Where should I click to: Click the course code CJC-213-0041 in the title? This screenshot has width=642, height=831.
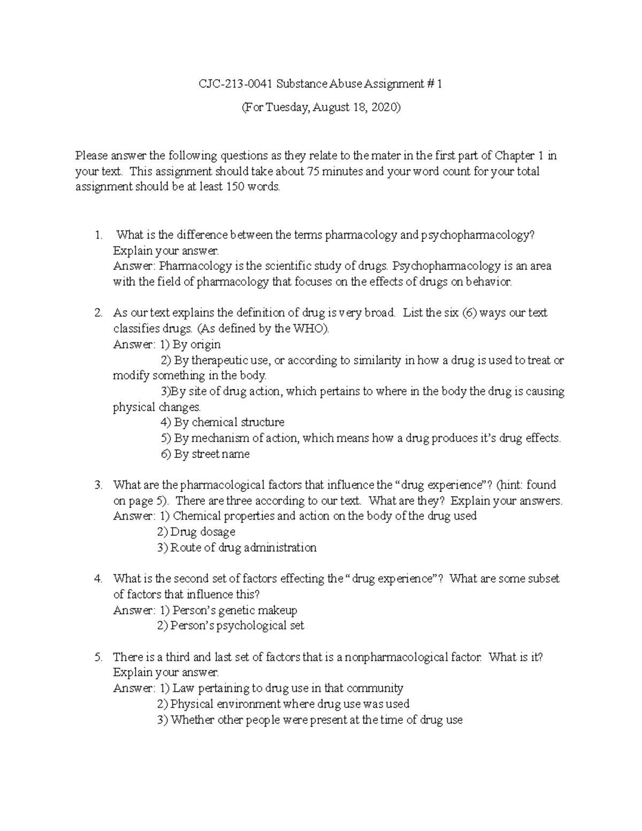234,84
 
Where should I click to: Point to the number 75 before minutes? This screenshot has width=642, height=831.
313,171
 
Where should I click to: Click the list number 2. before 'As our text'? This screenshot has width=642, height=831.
98,312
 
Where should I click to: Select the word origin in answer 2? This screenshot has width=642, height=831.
204,344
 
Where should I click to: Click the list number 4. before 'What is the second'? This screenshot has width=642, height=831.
98,578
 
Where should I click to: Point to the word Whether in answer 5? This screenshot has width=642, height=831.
192,720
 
